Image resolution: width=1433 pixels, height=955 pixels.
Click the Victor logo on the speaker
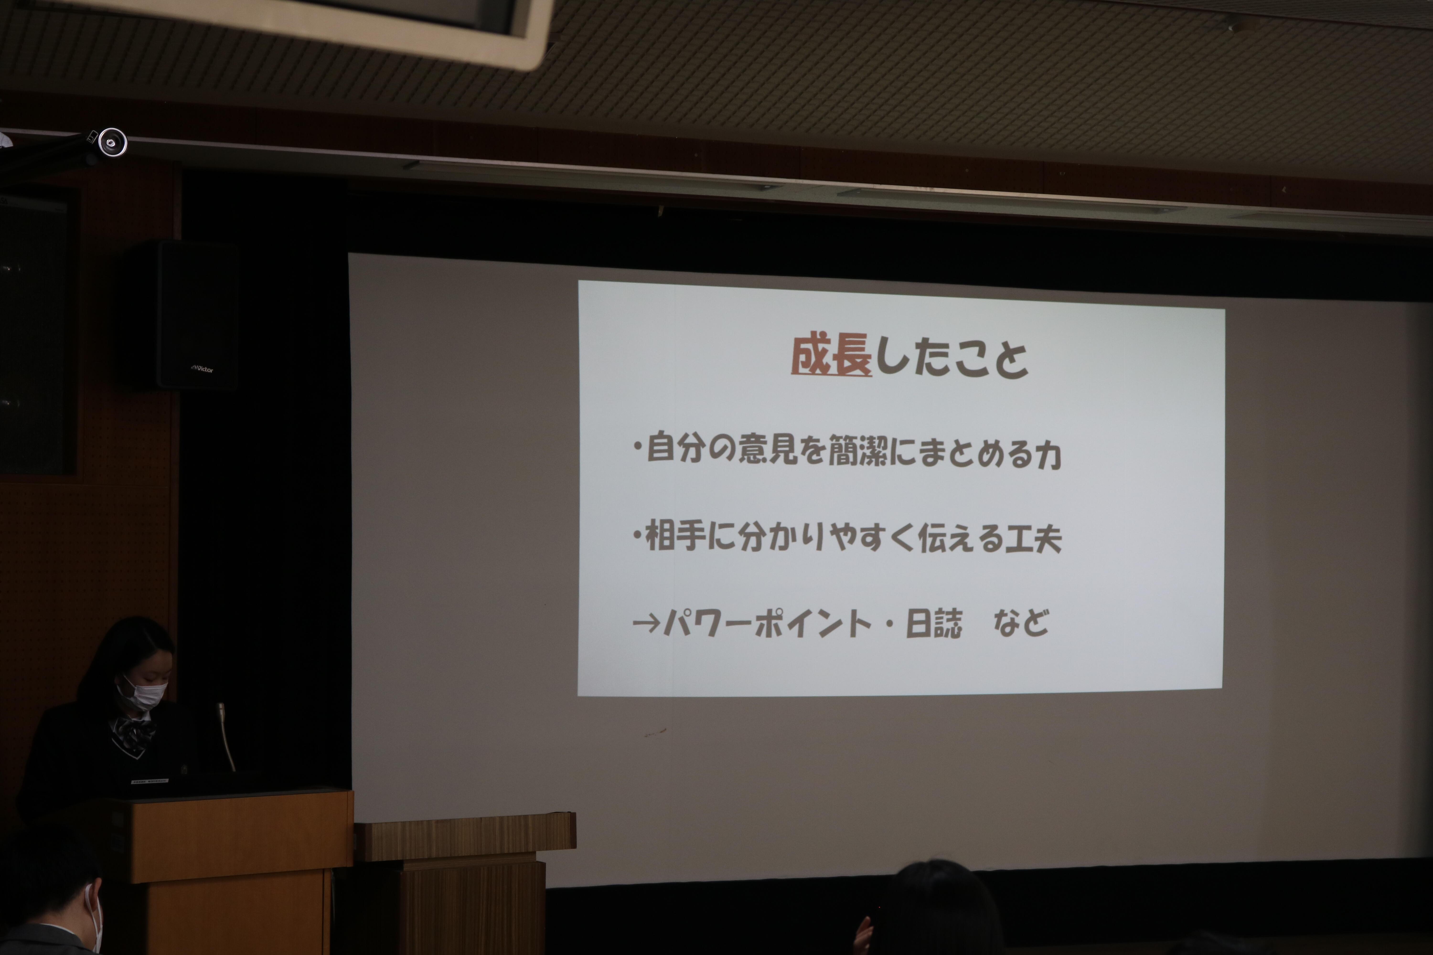click(202, 368)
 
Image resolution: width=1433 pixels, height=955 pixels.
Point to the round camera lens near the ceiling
click(112, 143)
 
